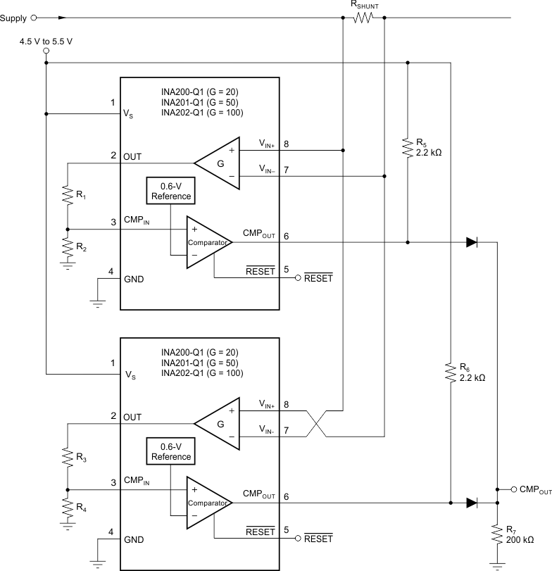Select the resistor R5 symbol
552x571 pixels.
tap(407, 147)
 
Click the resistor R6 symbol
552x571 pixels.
tap(449, 372)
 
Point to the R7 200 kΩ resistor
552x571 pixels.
tap(497, 532)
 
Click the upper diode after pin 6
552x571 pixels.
tap(472, 242)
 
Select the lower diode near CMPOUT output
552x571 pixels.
tap(472, 503)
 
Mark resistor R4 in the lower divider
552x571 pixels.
tap(68, 508)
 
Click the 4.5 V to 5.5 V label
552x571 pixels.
tap(46, 42)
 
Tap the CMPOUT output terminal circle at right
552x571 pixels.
tap(514, 489)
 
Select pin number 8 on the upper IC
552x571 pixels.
tap(286, 144)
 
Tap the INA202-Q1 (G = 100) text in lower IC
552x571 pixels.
tap(202, 373)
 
